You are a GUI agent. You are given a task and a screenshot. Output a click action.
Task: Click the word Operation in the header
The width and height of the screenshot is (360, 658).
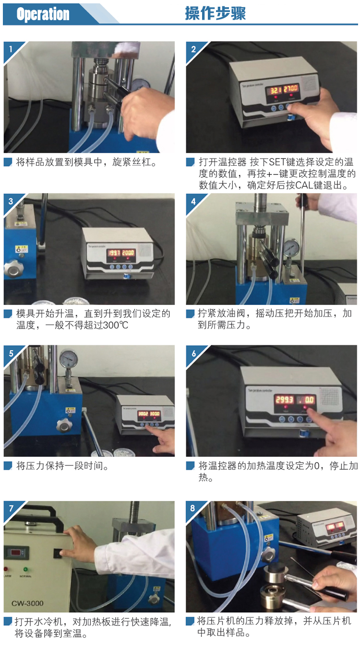tap(43, 14)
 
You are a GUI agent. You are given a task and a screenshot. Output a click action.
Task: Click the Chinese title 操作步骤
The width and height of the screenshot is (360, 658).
tap(215, 13)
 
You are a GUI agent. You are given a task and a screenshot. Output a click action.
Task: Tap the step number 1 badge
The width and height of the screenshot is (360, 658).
tap(11, 49)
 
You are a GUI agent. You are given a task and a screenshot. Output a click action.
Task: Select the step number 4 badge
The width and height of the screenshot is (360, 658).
tap(193, 202)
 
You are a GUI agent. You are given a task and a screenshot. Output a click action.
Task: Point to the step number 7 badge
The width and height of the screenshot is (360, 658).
tap(11, 508)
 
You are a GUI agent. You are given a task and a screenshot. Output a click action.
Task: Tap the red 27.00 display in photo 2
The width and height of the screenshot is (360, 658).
tap(291, 88)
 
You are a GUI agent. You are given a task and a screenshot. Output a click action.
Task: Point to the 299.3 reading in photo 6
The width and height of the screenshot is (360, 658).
tap(284, 400)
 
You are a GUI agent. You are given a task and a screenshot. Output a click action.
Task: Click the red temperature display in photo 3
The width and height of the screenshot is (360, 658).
tap(121, 253)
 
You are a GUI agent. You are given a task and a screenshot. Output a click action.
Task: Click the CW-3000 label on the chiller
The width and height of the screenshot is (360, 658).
tap(27, 603)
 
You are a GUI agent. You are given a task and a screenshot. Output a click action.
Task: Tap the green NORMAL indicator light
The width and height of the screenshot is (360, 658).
tap(25, 569)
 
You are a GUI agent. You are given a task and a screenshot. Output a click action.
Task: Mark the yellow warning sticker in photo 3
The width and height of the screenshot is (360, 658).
tap(22, 249)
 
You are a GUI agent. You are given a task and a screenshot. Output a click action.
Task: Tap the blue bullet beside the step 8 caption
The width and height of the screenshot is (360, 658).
tap(190, 621)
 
